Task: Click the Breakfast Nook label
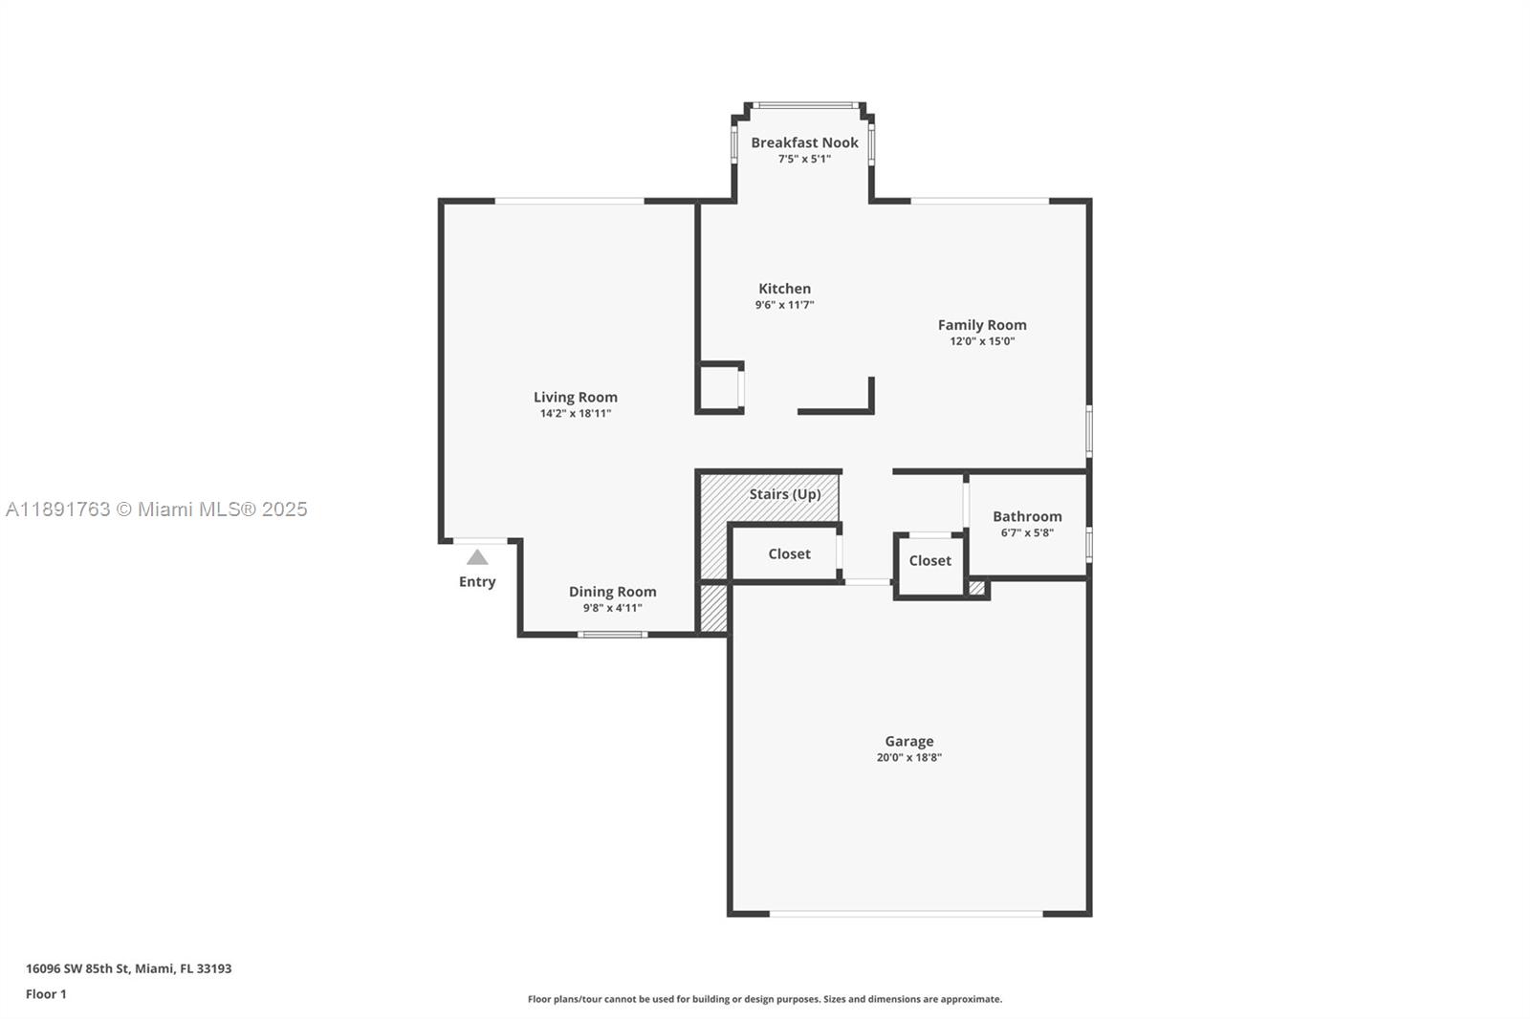(x=804, y=142)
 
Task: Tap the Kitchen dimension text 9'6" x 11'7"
(x=784, y=305)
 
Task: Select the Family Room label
(x=981, y=325)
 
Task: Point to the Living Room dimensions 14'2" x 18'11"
(x=575, y=414)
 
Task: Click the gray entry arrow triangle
(x=477, y=557)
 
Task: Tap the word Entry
(x=477, y=582)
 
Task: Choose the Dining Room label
(x=612, y=592)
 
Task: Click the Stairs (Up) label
(x=784, y=494)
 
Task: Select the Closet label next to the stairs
(x=789, y=554)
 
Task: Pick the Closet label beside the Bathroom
(x=929, y=561)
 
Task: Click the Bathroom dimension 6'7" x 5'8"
(x=1027, y=533)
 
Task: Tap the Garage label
(x=908, y=741)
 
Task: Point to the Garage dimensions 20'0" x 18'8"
(x=908, y=758)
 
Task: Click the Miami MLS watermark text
(x=157, y=509)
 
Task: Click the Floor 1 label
(x=46, y=994)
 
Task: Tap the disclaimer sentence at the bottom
(x=765, y=999)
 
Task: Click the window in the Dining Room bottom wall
(x=612, y=635)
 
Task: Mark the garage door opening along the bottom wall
(x=906, y=914)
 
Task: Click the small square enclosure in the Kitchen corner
(x=720, y=388)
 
